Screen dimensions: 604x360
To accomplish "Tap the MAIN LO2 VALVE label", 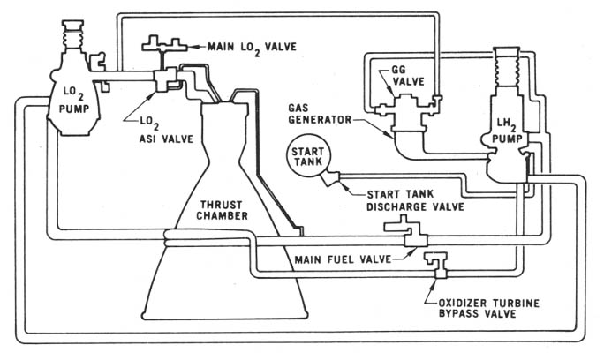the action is [252, 48].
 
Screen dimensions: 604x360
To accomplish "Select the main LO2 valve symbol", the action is [164, 45].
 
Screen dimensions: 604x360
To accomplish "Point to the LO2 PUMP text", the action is [74, 100].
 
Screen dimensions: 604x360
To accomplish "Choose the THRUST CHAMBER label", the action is [222, 210].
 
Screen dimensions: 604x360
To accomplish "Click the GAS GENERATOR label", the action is [320, 114].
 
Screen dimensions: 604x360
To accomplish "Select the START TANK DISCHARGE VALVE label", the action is [415, 200].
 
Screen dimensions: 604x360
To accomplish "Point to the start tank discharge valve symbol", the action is [330, 178].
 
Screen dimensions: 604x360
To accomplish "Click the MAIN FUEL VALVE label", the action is [343, 259].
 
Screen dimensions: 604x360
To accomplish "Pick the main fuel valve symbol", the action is [408, 232].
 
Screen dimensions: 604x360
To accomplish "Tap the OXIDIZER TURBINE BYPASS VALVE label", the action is [488, 308].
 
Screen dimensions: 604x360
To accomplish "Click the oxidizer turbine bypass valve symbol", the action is [437, 265].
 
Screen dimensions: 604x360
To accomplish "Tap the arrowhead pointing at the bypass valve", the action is [435, 284].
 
